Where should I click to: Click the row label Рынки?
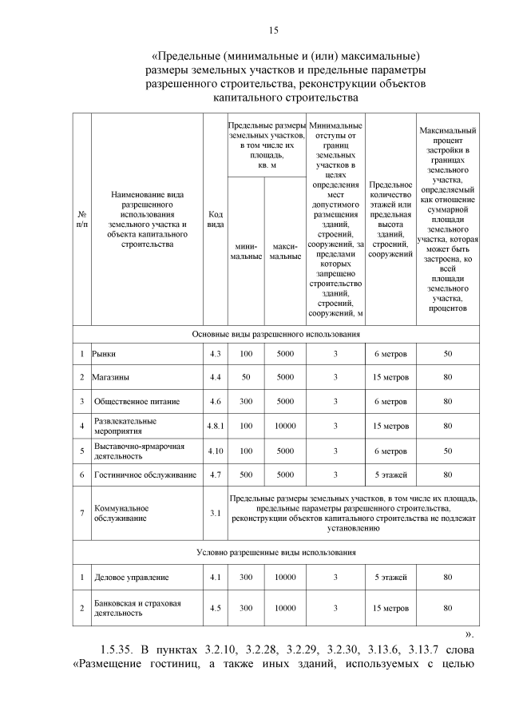pos(105,353)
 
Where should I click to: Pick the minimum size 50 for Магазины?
pos(246,377)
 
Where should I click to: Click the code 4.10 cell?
pos(215,451)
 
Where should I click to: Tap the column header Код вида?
pos(215,219)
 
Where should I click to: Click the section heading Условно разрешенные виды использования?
pos(275,552)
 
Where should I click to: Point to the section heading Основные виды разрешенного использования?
pos(275,334)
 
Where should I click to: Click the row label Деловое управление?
pos(132,577)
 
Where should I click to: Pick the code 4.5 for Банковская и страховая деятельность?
pos(215,608)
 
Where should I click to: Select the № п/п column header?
pos(81,219)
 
